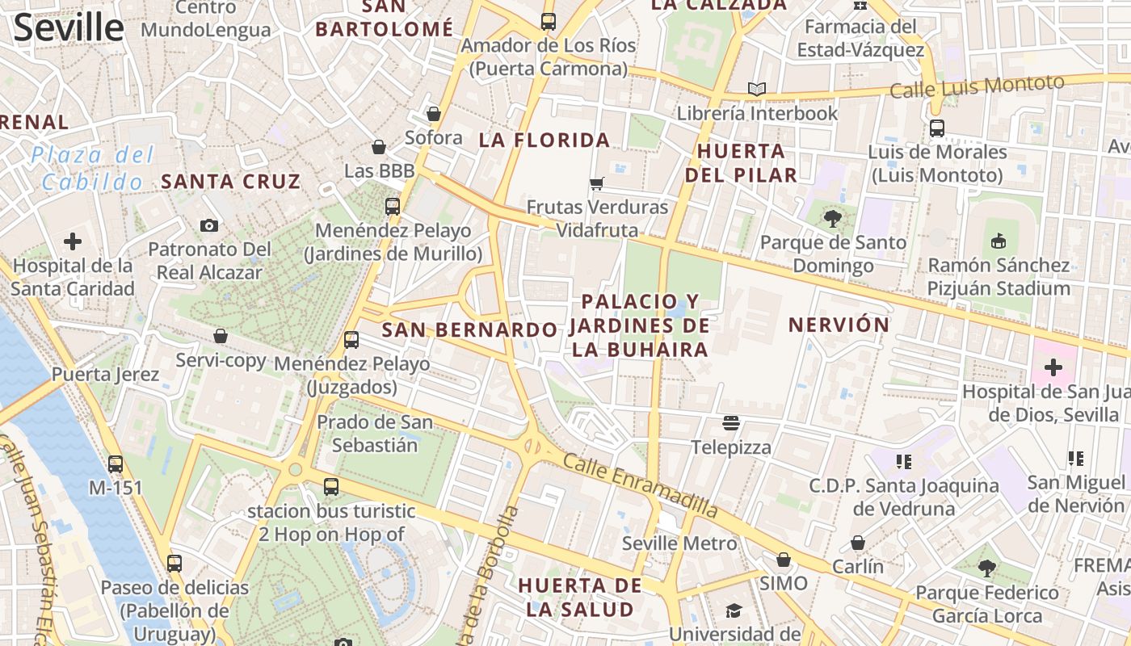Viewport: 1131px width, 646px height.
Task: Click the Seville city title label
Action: tap(69, 27)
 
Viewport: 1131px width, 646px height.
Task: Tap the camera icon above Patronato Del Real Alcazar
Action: tap(209, 225)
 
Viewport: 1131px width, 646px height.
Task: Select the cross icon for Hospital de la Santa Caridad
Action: tap(73, 241)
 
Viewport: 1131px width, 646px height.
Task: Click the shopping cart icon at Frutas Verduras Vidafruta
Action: tap(597, 183)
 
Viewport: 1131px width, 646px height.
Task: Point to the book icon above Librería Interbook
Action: tap(756, 89)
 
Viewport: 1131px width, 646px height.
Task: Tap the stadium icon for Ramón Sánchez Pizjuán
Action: tap(999, 241)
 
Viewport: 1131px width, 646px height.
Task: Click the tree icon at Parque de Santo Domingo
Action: tap(832, 218)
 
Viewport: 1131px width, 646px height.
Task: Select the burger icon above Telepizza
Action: tap(731, 423)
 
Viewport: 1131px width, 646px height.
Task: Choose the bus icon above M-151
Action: tap(116, 464)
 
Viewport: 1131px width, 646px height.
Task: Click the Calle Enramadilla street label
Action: tap(640, 484)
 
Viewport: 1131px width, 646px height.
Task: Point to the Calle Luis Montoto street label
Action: tap(977, 86)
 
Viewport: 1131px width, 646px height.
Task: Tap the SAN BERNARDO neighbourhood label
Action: tap(469, 329)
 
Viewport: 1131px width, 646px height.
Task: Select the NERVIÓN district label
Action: tap(839, 325)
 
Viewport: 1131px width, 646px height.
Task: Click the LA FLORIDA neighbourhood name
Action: tap(544, 141)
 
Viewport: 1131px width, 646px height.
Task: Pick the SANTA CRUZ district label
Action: tap(230, 182)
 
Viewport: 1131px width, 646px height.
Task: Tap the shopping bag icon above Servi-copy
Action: tap(221, 336)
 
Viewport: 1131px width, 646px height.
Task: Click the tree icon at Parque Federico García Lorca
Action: tap(986, 568)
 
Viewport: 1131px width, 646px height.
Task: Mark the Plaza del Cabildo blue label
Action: tap(93, 168)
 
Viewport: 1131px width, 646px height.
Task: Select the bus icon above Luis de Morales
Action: tap(937, 128)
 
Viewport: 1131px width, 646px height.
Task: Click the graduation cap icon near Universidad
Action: tap(734, 610)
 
